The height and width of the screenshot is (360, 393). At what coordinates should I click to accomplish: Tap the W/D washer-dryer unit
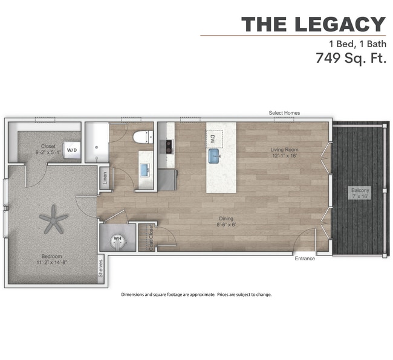(72, 150)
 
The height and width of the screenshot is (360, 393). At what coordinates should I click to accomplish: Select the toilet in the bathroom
(143, 137)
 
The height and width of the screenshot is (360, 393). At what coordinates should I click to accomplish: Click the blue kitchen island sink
(214, 156)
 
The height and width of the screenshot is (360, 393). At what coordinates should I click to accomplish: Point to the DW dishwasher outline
(214, 139)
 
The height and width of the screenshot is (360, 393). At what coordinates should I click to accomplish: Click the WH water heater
(118, 242)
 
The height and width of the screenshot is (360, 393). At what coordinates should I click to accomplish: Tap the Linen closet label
(105, 178)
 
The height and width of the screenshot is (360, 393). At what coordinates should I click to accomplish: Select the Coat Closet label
(151, 237)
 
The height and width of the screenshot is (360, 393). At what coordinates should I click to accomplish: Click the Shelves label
(101, 268)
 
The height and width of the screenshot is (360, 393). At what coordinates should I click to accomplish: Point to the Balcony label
(360, 190)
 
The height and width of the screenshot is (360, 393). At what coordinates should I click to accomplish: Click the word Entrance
(305, 259)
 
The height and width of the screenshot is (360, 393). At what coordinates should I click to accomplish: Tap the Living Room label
(284, 149)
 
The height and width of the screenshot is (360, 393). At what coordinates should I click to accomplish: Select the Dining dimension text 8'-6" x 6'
(226, 225)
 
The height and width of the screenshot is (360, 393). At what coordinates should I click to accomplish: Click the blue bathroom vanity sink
(145, 170)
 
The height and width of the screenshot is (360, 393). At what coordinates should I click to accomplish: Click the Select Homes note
(284, 113)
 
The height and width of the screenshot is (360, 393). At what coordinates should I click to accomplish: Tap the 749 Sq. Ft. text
(351, 58)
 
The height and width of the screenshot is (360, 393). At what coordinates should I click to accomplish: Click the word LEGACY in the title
(340, 24)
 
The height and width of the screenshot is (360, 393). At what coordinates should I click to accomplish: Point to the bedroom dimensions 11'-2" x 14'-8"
(51, 262)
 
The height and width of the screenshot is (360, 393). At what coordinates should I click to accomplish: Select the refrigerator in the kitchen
(167, 180)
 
